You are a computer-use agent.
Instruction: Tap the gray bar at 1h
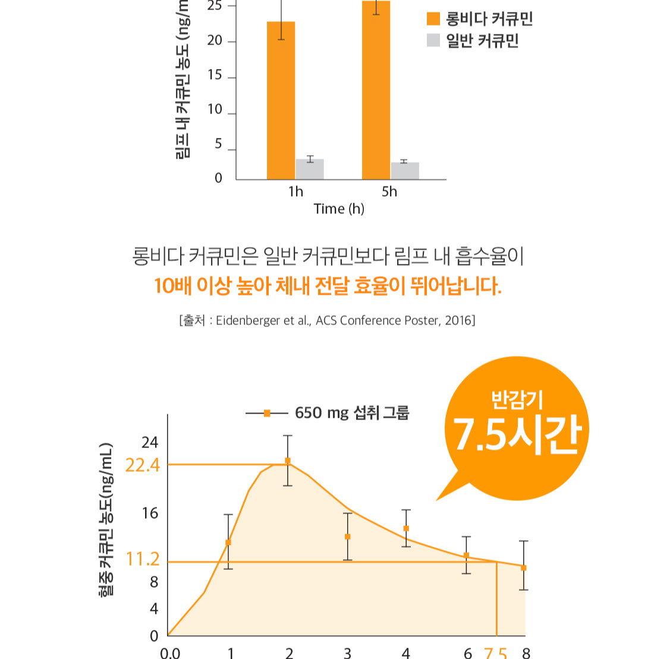tap(310, 169)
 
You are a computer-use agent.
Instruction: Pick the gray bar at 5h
tap(405, 171)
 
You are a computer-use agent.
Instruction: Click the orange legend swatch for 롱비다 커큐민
tap(433, 19)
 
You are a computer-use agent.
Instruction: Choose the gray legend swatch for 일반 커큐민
tap(433, 40)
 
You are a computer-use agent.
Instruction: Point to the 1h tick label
tap(295, 191)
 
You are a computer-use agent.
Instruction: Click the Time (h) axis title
tap(339, 209)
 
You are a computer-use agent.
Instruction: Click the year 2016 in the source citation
tap(459, 321)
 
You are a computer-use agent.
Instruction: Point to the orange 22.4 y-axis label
tap(143, 465)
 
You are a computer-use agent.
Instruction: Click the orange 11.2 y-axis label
tap(143, 559)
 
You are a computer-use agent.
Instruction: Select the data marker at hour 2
tap(288, 461)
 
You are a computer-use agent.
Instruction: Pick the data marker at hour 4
tap(406, 528)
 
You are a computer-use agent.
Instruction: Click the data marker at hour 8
tap(524, 567)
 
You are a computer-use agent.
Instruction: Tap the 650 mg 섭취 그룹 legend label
tap(352, 412)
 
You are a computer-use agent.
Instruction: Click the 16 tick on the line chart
tap(150, 513)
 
